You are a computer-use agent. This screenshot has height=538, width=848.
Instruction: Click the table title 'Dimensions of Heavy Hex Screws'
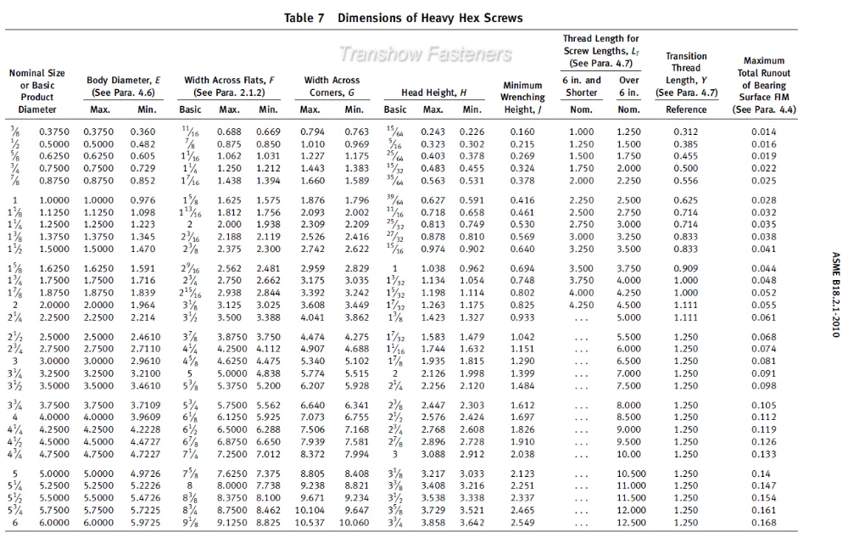tap(429, 18)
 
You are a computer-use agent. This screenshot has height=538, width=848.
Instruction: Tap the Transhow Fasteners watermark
tap(426, 55)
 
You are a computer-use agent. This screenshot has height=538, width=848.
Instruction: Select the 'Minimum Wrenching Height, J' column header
tap(523, 98)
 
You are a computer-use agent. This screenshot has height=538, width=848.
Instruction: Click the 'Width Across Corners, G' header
tap(332, 86)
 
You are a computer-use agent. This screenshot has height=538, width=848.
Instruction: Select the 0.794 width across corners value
tap(314, 132)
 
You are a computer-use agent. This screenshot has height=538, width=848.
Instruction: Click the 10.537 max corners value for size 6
tap(311, 522)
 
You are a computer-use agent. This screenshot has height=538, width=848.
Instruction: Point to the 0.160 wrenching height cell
tap(523, 132)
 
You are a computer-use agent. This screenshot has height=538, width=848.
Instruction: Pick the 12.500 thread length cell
tap(629, 522)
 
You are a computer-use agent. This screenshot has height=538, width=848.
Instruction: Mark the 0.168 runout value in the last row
tap(763, 522)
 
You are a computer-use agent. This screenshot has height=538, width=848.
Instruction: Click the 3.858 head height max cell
tap(434, 522)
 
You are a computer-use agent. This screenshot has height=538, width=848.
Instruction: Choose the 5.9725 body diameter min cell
tap(145, 522)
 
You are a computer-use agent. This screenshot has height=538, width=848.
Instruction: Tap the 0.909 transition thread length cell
tap(686, 268)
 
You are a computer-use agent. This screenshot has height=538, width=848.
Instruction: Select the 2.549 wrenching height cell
tap(523, 522)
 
